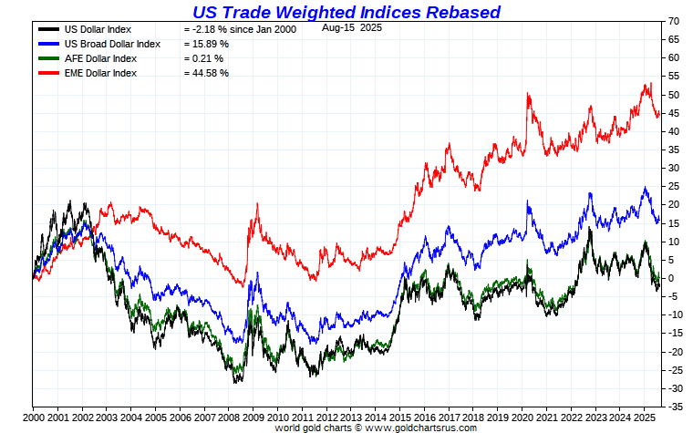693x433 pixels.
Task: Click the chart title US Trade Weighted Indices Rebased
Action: [346, 12]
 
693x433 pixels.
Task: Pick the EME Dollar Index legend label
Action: [99, 73]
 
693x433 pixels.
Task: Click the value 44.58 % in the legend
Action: [205, 73]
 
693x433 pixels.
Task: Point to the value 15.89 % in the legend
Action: [205, 44]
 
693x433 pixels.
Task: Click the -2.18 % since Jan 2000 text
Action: [240, 29]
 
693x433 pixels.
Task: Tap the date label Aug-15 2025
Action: [352, 28]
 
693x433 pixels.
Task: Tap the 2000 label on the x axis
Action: [33, 416]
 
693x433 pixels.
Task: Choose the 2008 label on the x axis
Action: [232, 416]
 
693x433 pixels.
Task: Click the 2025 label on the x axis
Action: [646, 416]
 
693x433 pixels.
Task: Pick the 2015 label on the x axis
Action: [402, 416]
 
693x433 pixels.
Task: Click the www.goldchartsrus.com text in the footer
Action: [423, 427]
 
